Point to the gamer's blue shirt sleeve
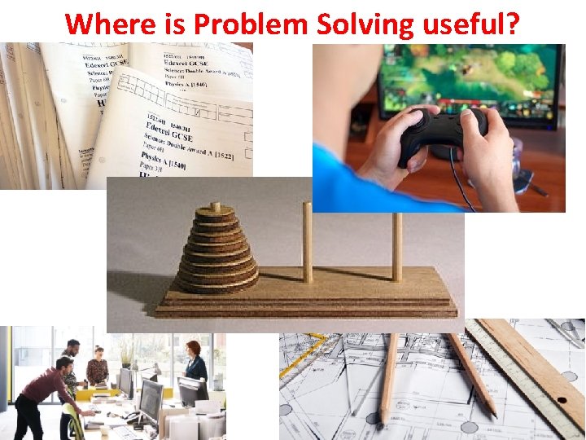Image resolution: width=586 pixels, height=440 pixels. click(x=342, y=183)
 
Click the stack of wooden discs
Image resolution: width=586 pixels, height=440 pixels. click(x=215, y=249)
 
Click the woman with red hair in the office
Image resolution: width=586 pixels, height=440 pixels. click(x=194, y=363)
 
